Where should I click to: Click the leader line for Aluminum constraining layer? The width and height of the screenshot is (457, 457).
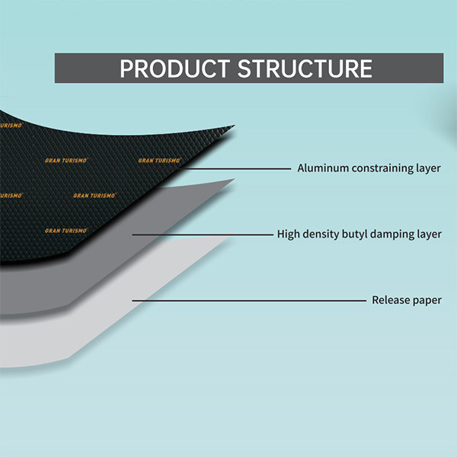pyautogui.click(x=236, y=168)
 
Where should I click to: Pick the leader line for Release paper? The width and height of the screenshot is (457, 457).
pyautogui.click(x=251, y=300)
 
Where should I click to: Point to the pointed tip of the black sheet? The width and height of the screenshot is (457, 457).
pyautogui.click(x=233, y=126)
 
